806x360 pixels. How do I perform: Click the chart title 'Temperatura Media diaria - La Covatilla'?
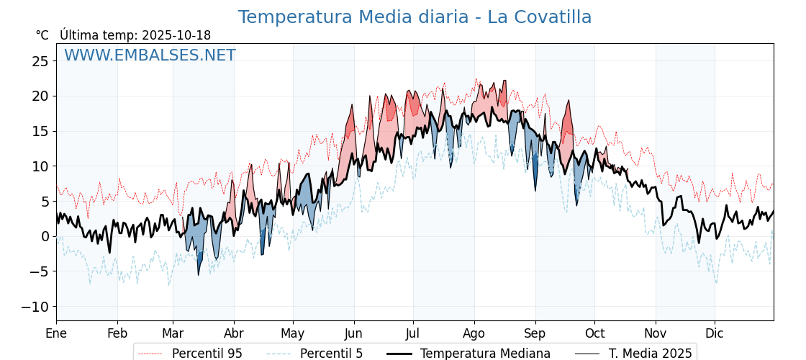[x=415, y=17]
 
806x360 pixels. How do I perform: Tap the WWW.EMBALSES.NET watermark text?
[x=150, y=55]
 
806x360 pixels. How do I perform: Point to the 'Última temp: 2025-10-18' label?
[x=135, y=35]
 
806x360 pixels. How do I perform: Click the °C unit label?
[x=42, y=35]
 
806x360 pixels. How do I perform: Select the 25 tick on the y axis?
[x=40, y=61]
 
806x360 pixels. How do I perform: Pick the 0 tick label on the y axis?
[x=45, y=236]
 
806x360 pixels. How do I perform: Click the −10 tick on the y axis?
[x=35, y=307]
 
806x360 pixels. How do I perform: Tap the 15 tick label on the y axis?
[x=40, y=131]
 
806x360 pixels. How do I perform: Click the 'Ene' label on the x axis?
[x=56, y=333]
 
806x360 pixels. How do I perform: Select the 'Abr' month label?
[x=234, y=333]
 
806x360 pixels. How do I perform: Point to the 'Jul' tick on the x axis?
[x=413, y=333]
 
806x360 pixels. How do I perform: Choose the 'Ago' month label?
[x=474, y=333]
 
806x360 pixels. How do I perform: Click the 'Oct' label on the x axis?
[x=594, y=333]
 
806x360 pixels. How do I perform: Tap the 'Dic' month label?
[x=715, y=333]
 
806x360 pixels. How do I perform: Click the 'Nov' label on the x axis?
[x=656, y=333]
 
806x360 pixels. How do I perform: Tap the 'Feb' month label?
[x=117, y=333]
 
